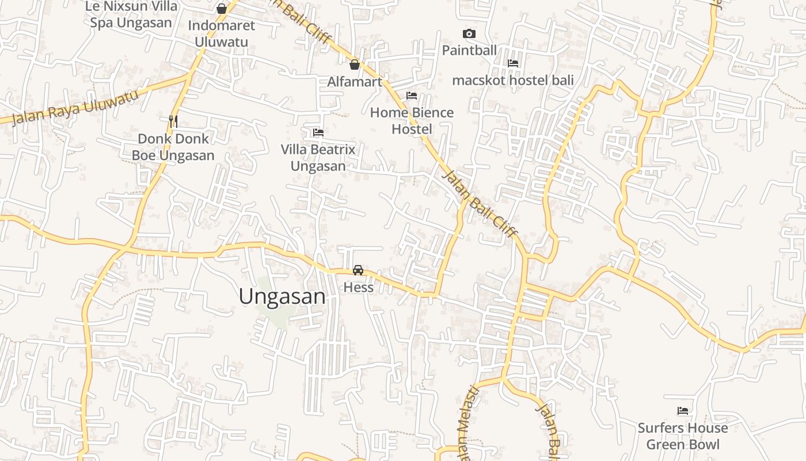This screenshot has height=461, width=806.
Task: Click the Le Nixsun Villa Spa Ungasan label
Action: click(x=131, y=15)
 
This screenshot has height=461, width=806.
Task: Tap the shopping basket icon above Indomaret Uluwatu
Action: click(x=221, y=8)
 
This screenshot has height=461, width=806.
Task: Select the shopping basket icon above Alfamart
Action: click(x=355, y=64)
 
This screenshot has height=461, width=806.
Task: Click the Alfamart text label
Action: click(x=355, y=82)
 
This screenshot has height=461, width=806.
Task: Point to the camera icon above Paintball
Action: click(x=469, y=34)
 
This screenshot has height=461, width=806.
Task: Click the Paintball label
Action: click(x=469, y=51)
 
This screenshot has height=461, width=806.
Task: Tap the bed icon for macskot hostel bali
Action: click(x=513, y=63)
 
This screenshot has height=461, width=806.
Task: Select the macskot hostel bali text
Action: click(x=513, y=80)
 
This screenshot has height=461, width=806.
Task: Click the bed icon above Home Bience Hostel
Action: click(x=412, y=96)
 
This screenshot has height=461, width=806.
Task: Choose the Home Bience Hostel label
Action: click(x=412, y=120)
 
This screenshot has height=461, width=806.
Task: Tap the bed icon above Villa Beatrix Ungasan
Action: click(x=318, y=133)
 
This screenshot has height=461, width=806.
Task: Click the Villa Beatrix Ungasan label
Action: click(x=318, y=158)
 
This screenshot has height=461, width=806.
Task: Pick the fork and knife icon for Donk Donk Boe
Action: click(x=173, y=121)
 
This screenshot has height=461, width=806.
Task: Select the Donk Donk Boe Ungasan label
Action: click(x=173, y=147)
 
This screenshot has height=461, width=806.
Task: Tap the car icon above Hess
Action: click(x=358, y=270)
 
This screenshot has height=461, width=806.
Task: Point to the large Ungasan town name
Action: click(x=282, y=297)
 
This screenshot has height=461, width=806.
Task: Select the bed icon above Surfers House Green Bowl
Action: click(x=683, y=411)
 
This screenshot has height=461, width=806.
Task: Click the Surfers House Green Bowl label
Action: click(x=683, y=436)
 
